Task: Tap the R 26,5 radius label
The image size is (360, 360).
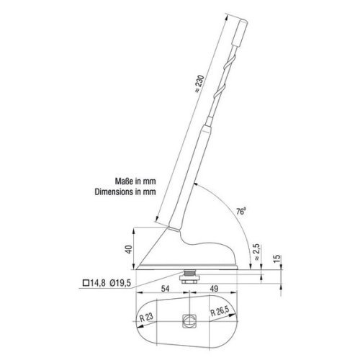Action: tap(221, 313)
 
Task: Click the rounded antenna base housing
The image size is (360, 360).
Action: tap(190, 252)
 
